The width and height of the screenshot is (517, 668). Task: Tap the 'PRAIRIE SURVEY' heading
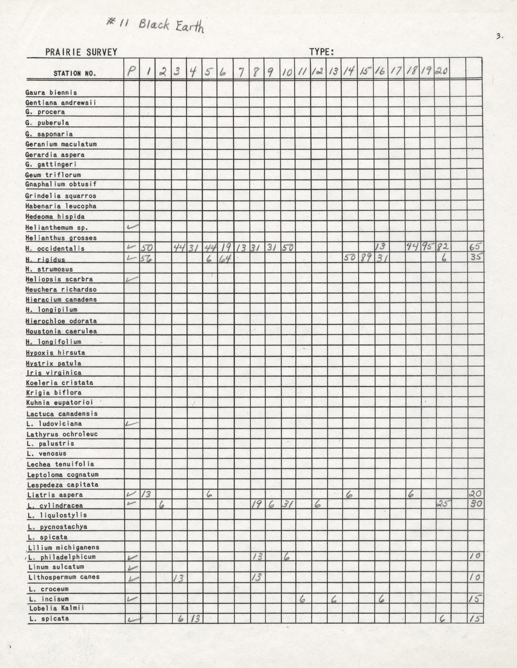click(x=81, y=52)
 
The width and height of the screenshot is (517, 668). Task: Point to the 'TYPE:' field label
click(x=321, y=52)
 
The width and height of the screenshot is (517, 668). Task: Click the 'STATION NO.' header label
click(x=75, y=74)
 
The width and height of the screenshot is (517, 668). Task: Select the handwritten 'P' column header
click(x=131, y=72)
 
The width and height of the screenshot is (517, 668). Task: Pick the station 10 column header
click(x=287, y=72)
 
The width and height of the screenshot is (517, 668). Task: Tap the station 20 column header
click(x=441, y=71)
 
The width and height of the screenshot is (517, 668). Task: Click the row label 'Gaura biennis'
click(x=51, y=92)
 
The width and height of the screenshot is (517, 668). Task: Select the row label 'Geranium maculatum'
click(x=61, y=144)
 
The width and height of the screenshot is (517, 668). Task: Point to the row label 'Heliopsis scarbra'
click(x=59, y=279)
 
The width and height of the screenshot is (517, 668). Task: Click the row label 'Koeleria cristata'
click(x=60, y=382)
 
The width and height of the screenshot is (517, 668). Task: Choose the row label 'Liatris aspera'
click(x=55, y=495)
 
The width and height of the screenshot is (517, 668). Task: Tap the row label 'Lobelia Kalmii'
click(x=57, y=608)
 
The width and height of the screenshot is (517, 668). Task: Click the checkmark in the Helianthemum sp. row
click(x=132, y=227)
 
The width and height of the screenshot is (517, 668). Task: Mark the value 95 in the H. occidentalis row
click(x=426, y=247)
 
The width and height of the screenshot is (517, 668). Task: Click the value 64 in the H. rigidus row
click(x=225, y=258)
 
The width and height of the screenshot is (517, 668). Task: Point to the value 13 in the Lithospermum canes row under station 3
click(x=178, y=577)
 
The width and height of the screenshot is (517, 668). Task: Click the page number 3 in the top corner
click(x=499, y=36)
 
